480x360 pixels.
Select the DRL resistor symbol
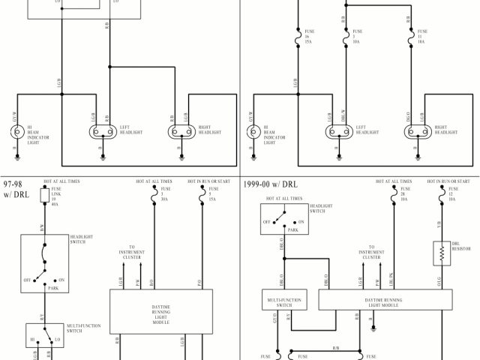tap(440, 253)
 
